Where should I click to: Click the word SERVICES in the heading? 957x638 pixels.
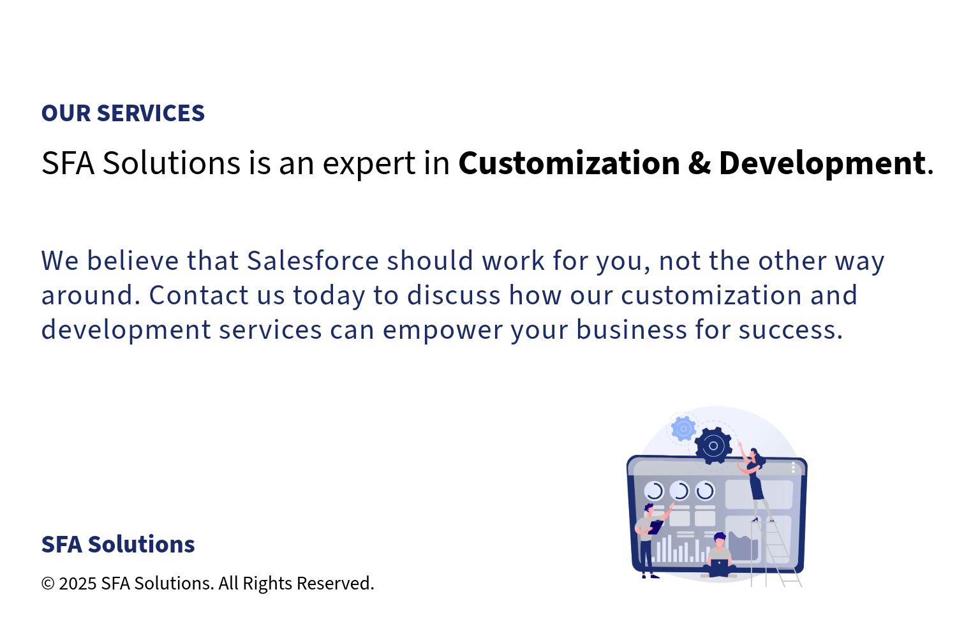(151, 113)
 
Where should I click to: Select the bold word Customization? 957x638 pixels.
(569, 163)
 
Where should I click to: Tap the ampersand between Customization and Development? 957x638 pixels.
(699, 163)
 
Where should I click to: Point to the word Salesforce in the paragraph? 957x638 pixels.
(313, 260)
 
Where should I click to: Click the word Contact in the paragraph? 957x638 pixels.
(198, 295)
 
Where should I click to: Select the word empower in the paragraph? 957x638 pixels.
(443, 331)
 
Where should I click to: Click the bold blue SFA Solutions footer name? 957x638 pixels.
(118, 544)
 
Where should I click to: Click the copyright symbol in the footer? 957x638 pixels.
(48, 584)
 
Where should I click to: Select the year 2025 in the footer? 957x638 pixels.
(78, 584)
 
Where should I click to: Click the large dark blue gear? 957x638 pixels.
(713, 446)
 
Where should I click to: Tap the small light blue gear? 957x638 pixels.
(683, 428)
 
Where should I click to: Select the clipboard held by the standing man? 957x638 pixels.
(655, 527)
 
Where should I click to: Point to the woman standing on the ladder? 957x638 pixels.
(755, 482)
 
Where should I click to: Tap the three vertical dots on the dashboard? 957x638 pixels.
(794, 468)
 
